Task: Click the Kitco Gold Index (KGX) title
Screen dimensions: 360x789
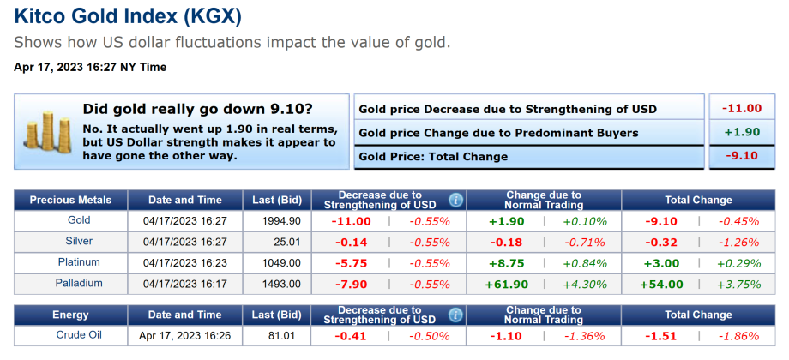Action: click(x=127, y=16)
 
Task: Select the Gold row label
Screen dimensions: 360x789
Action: click(x=78, y=221)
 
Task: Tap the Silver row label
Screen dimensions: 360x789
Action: click(x=79, y=242)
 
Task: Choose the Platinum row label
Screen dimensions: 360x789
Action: click(x=78, y=262)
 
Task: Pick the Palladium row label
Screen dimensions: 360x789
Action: click(x=79, y=283)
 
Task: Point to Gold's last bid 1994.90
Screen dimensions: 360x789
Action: click(x=282, y=221)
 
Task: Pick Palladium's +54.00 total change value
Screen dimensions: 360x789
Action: click(x=661, y=284)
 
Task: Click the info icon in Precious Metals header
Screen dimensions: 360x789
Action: click(x=455, y=200)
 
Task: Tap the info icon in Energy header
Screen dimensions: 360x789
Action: click(x=455, y=315)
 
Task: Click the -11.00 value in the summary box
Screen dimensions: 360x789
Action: click(x=742, y=108)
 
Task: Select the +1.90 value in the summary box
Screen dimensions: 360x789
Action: click(x=742, y=132)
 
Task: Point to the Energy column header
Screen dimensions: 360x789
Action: click(x=70, y=315)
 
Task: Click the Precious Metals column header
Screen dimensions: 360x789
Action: click(x=70, y=200)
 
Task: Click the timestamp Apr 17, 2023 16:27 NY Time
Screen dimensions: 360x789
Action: click(x=90, y=67)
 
